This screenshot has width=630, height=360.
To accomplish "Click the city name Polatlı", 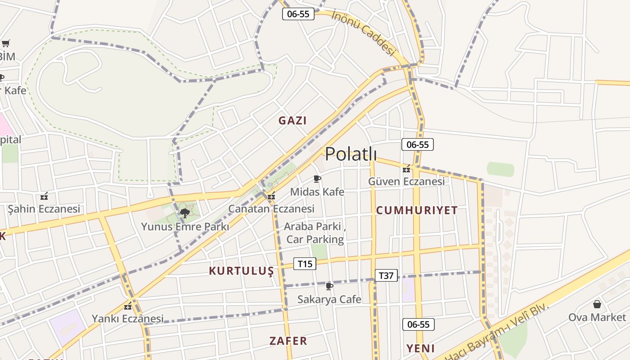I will click(x=351, y=154).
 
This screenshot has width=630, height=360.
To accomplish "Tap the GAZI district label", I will click(x=292, y=121).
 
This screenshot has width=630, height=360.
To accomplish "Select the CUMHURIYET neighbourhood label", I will click(x=417, y=210).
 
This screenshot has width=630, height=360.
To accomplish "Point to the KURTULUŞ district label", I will click(x=241, y=271).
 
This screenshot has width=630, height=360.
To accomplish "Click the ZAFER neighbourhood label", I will click(x=288, y=341).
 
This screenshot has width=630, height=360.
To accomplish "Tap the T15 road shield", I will click(x=305, y=264).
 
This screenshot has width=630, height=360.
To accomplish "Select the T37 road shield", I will click(x=386, y=275).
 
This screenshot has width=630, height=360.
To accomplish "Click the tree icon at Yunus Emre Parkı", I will click(x=184, y=213).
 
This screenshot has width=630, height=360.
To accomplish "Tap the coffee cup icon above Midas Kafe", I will click(x=317, y=179).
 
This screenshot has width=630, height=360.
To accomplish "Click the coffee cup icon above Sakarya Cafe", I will click(x=329, y=286).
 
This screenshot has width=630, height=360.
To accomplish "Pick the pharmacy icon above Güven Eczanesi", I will click(x=407, y=169).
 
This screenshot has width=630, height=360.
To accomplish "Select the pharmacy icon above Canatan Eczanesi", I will click(x=271, y=196).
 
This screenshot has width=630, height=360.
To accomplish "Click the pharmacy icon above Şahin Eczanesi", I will click(x=44, y=196).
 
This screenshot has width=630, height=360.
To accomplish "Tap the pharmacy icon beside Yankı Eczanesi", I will click(x=128, y=306).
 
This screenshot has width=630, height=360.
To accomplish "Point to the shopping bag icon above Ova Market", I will click(x=597, y=304).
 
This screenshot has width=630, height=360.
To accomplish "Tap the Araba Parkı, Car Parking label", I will click(x=315, y=233).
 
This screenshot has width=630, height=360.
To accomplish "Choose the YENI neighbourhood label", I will click(x=421, y=348).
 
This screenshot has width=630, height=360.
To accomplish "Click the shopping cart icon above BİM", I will click(x=5, y=44).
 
